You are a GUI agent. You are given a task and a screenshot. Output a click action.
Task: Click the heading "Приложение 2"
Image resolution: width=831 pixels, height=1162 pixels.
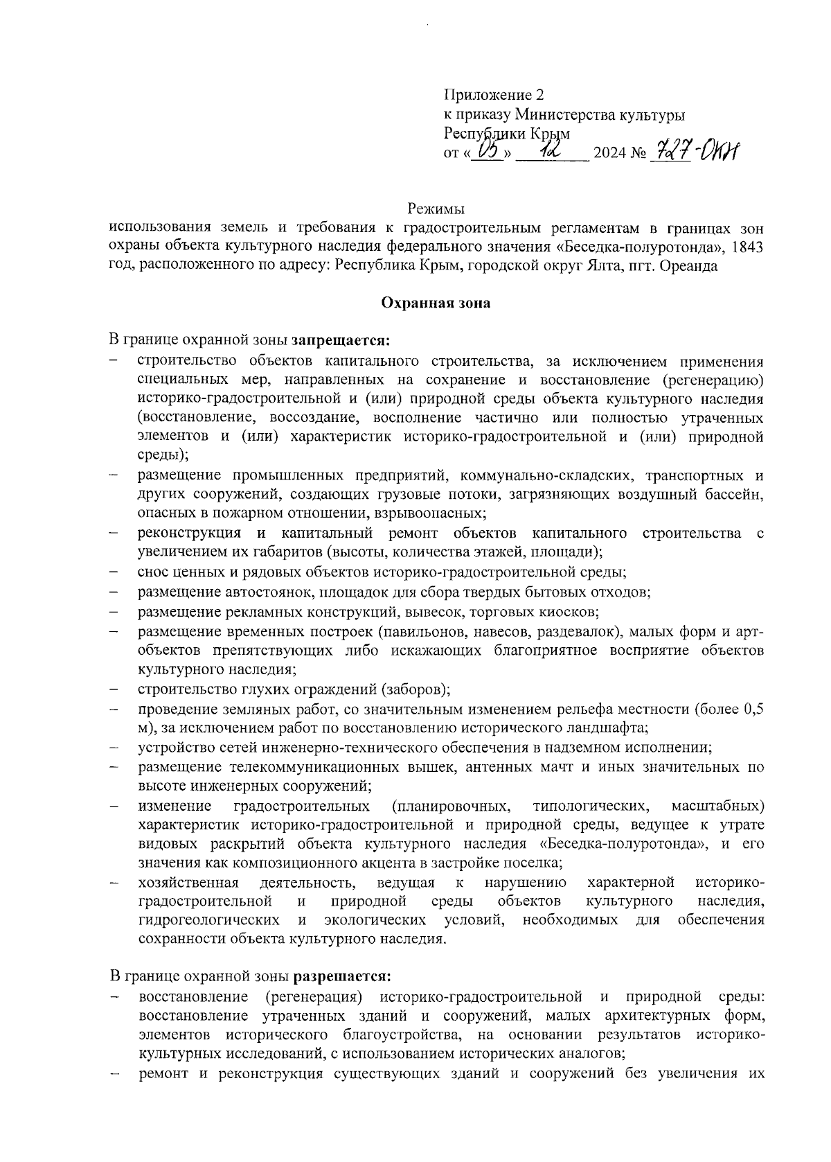coord(494,96)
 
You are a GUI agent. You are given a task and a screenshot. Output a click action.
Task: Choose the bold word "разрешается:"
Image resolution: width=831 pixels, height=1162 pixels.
coord(343,976)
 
